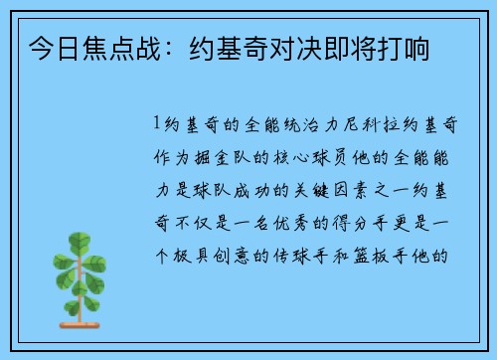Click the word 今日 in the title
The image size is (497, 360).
pyautogui.click(x=51, y=48)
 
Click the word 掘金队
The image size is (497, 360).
pyautogui.click(x=216, y=156)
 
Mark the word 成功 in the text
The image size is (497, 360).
pyautogui.click(x=254, y=188)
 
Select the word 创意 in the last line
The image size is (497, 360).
pyautogui.click(x=235, y=252)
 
